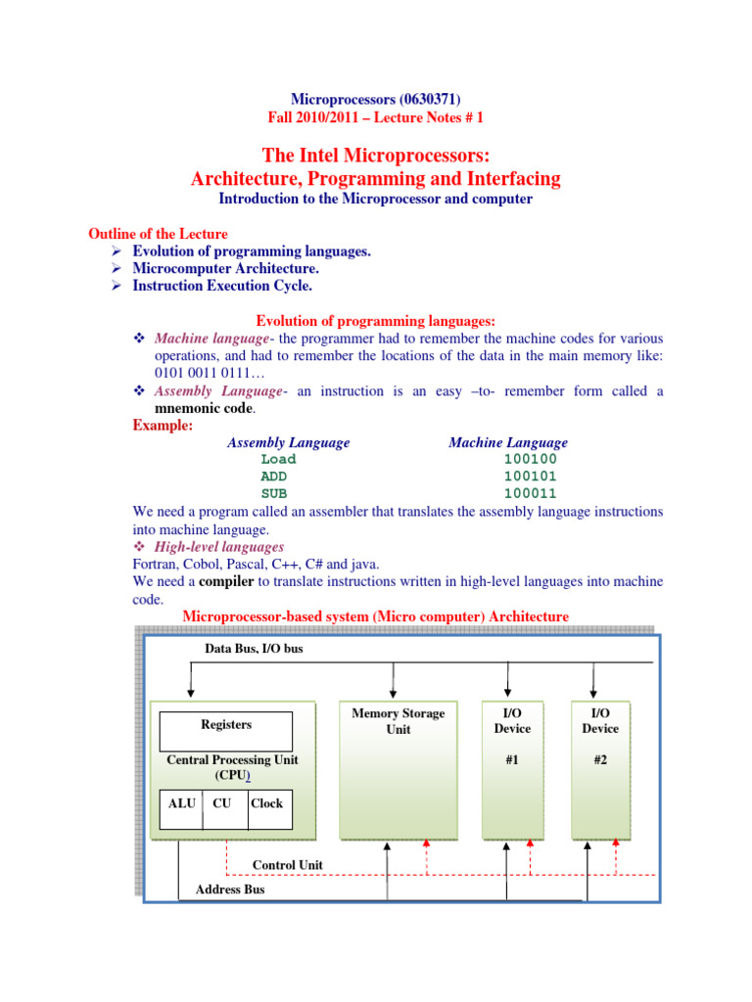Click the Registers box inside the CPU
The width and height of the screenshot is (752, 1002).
tap(225, 725)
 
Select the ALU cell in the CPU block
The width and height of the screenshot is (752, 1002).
tap(181, 803)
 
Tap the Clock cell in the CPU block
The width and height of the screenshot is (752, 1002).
tap(266, 803)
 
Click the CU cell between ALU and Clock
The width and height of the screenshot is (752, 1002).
tap(222, 803)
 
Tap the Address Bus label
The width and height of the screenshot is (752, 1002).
tap(230, 889)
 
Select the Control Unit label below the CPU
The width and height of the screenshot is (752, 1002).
tap(288, 865)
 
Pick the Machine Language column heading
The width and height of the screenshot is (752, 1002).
tap(507, 442)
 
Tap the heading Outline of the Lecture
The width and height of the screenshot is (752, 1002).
tap(158, 234)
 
